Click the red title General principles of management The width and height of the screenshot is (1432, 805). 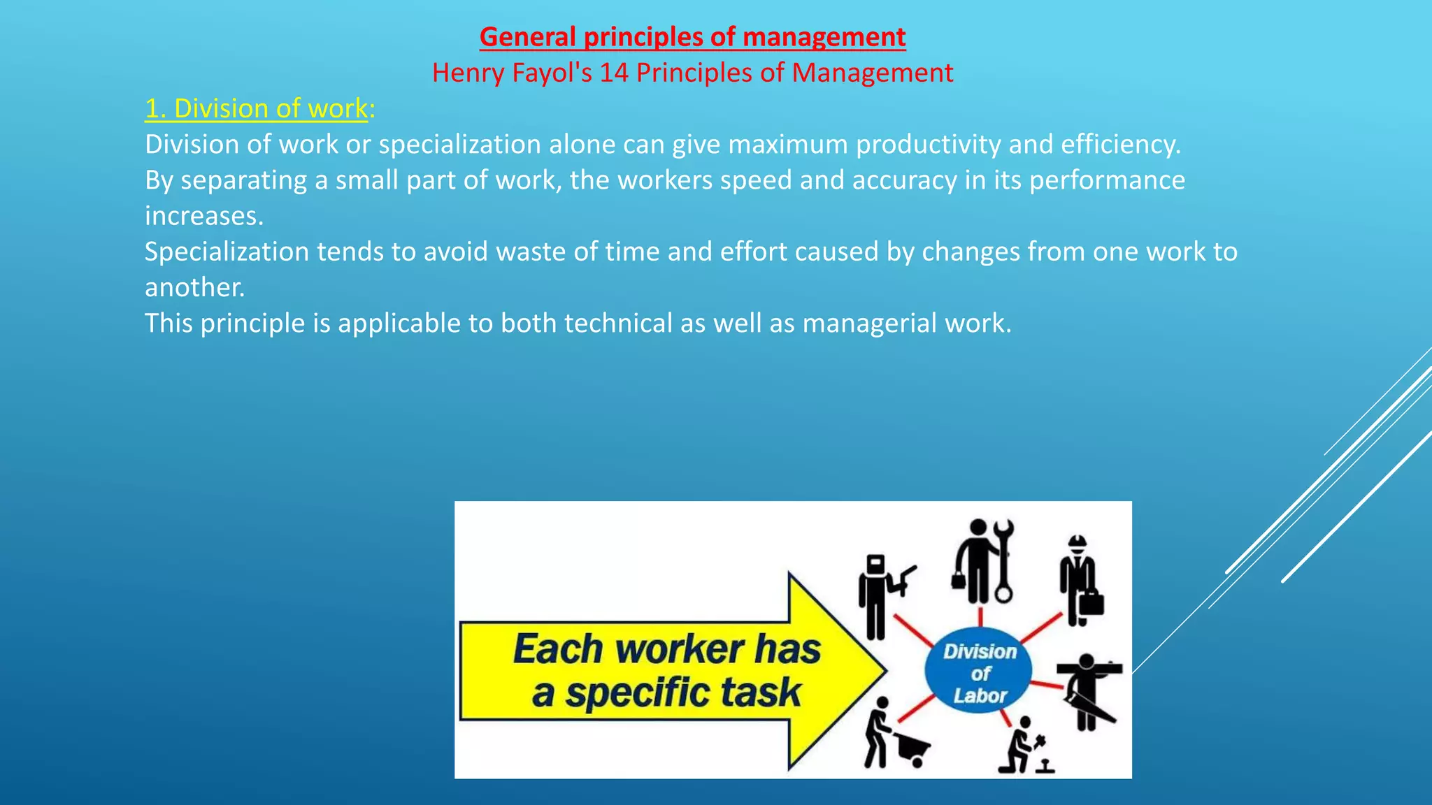click(692, 37)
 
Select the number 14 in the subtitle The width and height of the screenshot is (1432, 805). click(614, 73)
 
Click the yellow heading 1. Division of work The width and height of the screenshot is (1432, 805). click(256, 108)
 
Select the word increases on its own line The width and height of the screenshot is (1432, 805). click(203, 216)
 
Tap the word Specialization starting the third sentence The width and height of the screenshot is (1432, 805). click(227, 252)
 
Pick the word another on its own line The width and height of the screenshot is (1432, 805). click(194, 288)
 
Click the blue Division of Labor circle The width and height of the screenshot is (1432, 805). click(979, 673)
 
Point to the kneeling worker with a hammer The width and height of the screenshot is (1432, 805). click(1024, 746)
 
